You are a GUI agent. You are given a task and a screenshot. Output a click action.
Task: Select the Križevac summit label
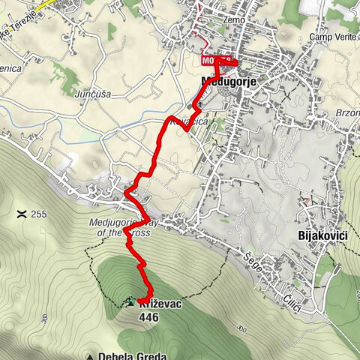tap(160, 301)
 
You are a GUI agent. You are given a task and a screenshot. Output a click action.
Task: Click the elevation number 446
tap(149, 316)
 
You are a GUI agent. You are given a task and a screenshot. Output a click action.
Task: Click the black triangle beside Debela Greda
tap(90, 356)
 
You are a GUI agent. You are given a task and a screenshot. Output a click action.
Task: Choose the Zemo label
tap(235, 19)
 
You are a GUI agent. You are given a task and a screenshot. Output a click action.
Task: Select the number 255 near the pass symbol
tap(39, 214)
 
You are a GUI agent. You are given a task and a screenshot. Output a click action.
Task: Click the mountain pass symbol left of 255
tap(21, 214)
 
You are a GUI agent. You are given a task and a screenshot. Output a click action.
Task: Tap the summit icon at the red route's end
tap(132, 301)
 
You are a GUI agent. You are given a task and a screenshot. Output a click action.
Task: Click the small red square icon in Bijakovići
tap(307, 200)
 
